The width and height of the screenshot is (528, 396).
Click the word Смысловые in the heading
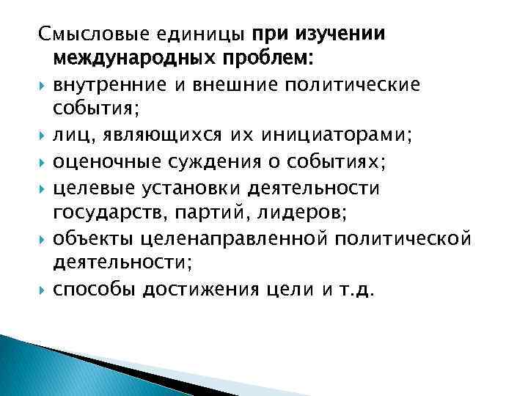click(x=87, y=34)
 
